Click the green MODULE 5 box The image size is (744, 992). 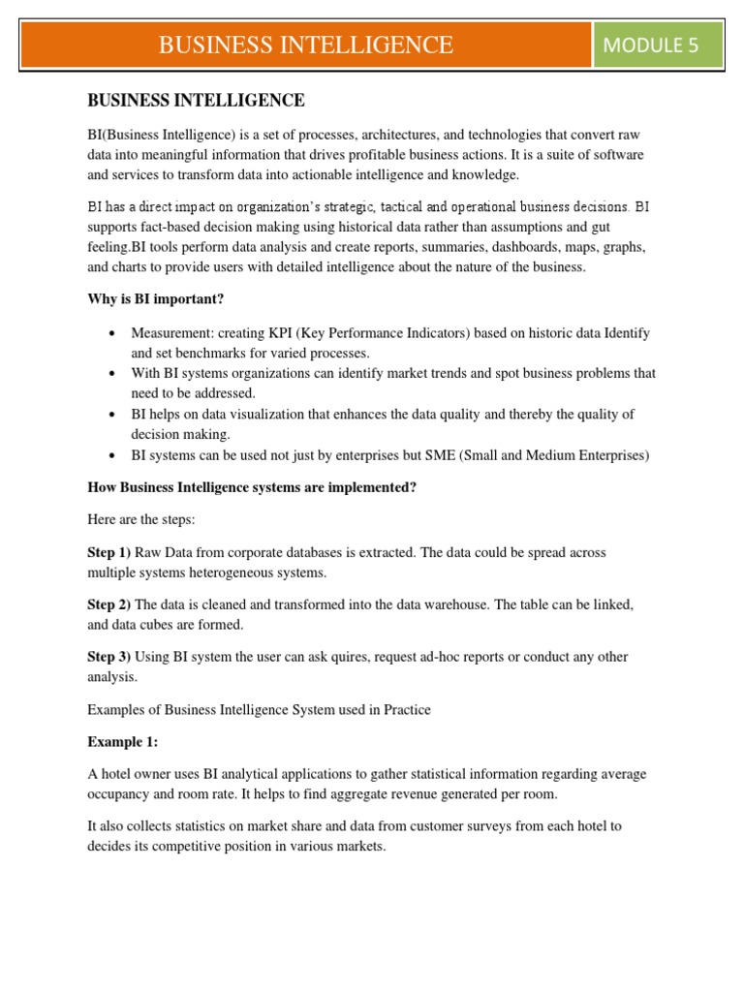658,45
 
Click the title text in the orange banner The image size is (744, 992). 305,45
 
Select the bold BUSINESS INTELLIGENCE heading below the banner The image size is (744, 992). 196,100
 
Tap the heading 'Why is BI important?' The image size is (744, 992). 156,299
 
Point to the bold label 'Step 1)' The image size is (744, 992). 109,552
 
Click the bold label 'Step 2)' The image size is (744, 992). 109,604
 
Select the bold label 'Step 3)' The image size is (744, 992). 109,657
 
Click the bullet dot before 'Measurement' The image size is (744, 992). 113,333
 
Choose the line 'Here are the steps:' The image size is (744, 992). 141,519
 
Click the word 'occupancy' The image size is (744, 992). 122,793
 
